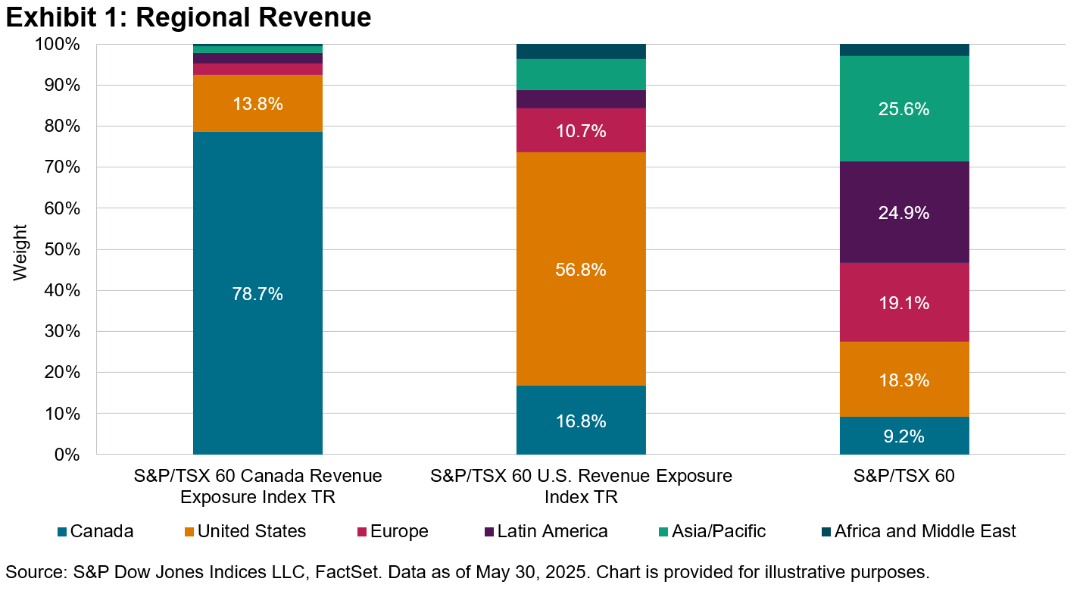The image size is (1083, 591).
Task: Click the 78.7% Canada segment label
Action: click(x=257, y=294)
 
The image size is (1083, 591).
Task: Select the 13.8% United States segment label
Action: click(x=257, y=104)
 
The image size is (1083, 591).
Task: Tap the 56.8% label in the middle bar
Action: click(x=581, y=270)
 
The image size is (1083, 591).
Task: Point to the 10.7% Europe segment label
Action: click(x=581, y=131)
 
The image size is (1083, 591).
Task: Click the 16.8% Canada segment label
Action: click(x=581, y=421)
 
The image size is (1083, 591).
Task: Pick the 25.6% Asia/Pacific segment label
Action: click(x=904, y=109)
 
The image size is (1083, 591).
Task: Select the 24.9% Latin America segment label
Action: click(x=904, y=213)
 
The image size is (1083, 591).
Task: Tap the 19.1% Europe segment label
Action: click(x=904, y=303)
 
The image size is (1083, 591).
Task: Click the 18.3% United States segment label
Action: click(x=904, y=380)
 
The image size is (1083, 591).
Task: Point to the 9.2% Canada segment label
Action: click(x=904, y=436)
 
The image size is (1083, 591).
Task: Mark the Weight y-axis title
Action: click(x=20, y=252)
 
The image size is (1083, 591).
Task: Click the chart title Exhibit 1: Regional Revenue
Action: click(x=189, y=17)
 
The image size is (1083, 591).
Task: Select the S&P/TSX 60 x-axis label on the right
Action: click(x=904, y=477)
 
